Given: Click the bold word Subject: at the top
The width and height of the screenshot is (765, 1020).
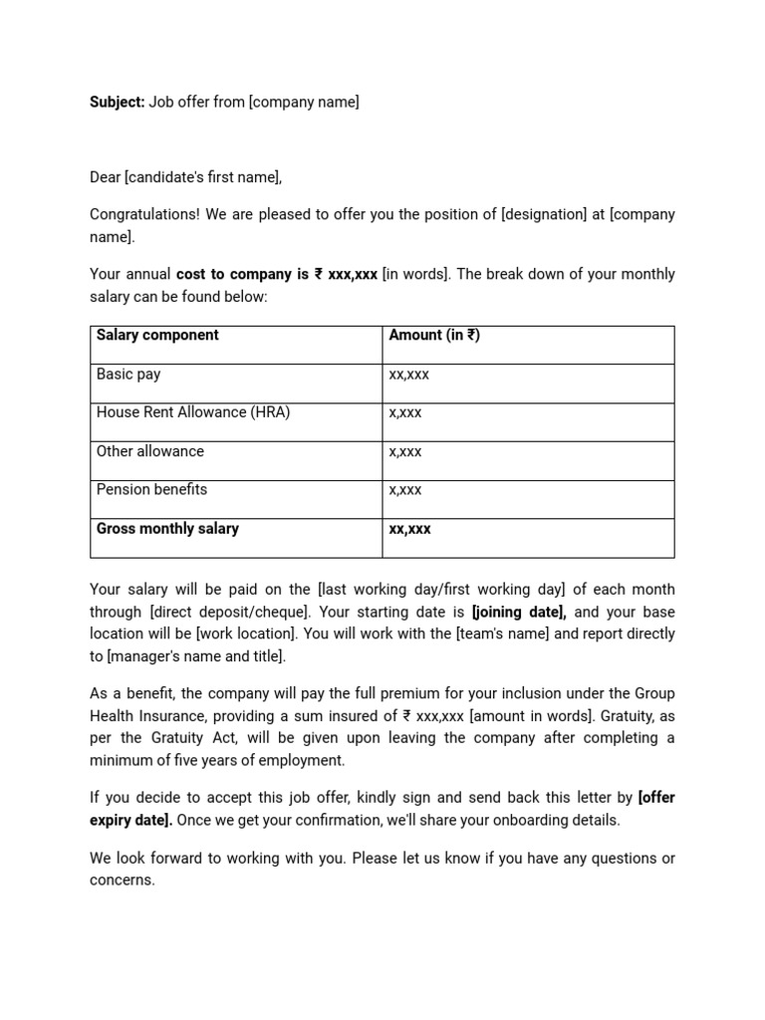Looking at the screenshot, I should pos(118,102).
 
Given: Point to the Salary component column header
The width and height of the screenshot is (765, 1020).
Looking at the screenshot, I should pos(157,336).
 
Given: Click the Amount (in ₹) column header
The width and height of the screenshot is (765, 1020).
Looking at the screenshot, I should pos(434,336).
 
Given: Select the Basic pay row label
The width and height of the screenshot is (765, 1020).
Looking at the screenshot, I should pos(128,375).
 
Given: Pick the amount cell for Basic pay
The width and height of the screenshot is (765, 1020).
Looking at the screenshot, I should pos(409,376).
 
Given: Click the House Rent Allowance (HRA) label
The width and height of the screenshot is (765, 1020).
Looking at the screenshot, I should pos(193,412).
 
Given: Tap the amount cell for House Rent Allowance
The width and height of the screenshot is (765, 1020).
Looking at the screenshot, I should pos(405,413).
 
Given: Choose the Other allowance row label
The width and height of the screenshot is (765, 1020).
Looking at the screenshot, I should pos(149,451).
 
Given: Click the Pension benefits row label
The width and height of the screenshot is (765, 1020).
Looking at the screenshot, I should pos(151,490).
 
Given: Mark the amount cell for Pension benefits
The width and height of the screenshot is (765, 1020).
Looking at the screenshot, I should pos(405,491).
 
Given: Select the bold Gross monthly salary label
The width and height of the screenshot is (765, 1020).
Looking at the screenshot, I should pos(167,529).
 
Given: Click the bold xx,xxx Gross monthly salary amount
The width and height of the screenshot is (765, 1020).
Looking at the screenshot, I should pos(409,530).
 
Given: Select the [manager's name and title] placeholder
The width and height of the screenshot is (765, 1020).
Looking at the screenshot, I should pos(196,655).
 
